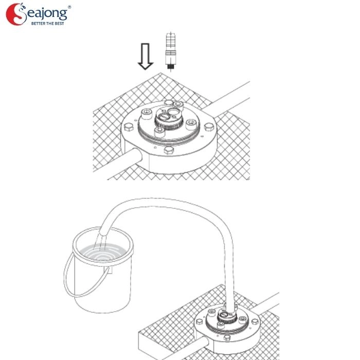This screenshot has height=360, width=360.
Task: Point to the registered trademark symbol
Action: point(69,7)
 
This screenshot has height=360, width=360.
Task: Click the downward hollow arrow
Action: point(146,56)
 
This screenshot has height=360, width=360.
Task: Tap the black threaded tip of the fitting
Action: point(170,66)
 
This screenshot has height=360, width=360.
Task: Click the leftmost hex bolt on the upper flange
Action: point(129,127)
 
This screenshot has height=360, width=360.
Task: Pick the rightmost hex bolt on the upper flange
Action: point(209,127)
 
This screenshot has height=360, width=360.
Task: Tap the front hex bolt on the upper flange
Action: point(169,150)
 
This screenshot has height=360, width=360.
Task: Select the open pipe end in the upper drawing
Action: point(137,155)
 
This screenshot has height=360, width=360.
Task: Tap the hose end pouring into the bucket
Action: point(103,235)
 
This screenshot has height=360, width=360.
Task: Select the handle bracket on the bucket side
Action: point(109,270)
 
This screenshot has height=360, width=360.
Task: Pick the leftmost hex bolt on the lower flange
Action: point(200,321)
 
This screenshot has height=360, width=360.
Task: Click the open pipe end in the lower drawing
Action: point(205,343)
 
